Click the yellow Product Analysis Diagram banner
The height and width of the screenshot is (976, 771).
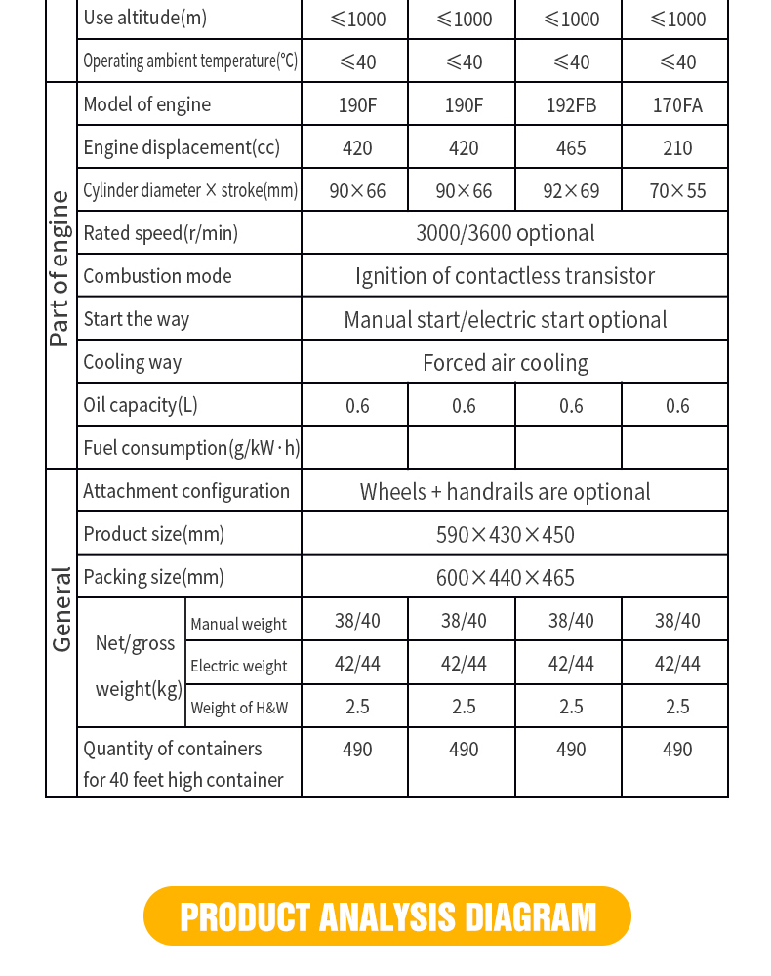tap(387, 916)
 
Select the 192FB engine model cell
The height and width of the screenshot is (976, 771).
tap(571, 104)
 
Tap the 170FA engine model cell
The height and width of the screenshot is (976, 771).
tap(677, 104)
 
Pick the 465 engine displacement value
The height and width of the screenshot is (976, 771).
tap(571, 147)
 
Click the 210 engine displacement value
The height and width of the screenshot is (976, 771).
tap(677, 147)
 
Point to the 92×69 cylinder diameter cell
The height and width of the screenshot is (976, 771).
tap(571, 190)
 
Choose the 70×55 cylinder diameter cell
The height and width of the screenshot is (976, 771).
tap(677, 190)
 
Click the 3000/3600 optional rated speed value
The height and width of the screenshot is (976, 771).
tap(505, 233)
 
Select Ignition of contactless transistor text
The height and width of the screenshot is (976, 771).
tap(505, 276)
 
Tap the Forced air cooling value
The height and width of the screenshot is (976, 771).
tap(505, 363)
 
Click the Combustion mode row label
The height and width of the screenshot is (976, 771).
tap(157, 276)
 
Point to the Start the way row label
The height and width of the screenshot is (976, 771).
tap(137, 319)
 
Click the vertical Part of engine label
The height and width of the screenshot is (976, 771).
tap(61, 268)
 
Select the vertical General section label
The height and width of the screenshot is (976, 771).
tap(61, 609)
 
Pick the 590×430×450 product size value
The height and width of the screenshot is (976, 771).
tap(505, 535)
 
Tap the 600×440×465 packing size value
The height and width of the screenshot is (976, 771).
tap(505, 578)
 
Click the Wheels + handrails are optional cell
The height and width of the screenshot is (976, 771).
tap(505, 492)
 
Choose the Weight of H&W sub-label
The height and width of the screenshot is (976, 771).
tap(239, 708)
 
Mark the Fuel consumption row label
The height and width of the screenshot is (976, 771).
tap(191, 448)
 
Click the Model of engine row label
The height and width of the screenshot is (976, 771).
tap(146, 104)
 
